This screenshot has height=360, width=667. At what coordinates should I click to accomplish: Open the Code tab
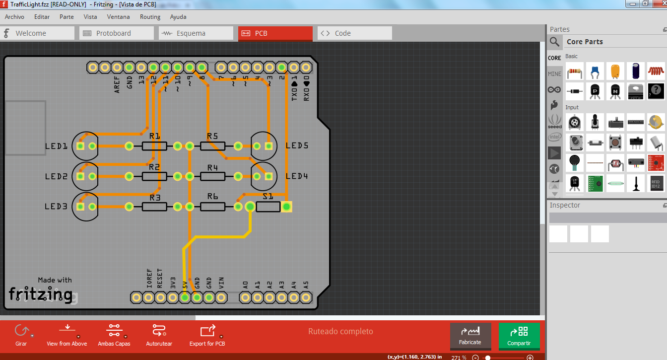tap(354, 33)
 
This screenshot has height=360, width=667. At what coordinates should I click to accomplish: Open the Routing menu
tap(150, 17)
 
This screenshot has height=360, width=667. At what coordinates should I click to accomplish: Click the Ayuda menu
tap(178, 17)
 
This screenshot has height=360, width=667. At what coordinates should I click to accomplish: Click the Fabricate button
tap(470, 336)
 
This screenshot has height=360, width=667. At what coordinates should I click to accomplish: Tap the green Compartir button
tap(519, 336)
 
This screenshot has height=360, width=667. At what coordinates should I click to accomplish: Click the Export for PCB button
tap(207, 336)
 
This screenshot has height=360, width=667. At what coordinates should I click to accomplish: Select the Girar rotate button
tap(21, 336)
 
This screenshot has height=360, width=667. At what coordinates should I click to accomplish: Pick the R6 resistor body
tap(212, 207)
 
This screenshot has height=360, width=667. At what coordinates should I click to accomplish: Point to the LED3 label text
tap(56, 207)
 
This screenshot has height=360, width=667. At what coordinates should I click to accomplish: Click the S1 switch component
tap(268, 207)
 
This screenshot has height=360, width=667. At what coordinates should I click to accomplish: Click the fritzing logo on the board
tap(41, 294)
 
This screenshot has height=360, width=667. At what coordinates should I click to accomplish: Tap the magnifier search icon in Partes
tap(555, 42)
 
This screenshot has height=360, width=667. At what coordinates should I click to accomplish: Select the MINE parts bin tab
tap(554, 74)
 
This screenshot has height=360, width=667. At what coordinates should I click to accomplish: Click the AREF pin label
tap(117, 84)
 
